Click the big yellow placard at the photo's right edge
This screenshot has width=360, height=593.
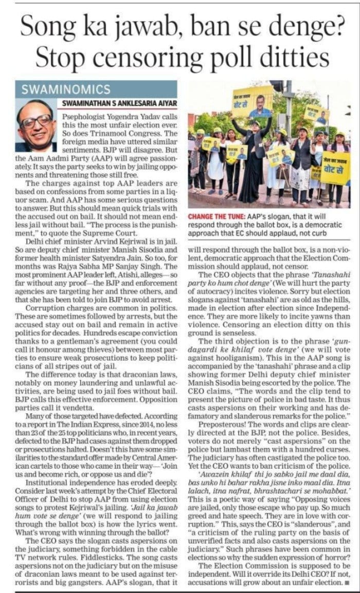click(335, 167)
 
